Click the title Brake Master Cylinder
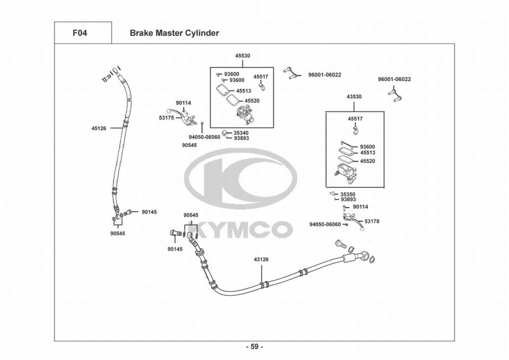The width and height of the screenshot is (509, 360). [174, 34]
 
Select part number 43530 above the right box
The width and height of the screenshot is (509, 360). [354, 97]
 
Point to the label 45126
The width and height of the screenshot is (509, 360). [99, 128]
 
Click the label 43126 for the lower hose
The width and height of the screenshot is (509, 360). [261, 260]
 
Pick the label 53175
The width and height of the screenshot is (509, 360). [166, 118]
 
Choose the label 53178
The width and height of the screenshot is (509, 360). [372, 221]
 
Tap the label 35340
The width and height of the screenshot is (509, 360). [241, 132]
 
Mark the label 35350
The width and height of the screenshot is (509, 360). [348, 194]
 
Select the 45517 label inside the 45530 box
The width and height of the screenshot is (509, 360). [261, 77]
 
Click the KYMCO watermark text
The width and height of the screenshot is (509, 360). [243, 230]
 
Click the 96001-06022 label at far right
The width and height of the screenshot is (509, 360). [394, 79]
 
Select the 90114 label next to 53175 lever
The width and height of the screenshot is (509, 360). [183, 102]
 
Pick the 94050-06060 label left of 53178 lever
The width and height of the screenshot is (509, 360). [325, 225]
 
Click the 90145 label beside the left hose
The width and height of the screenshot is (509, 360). [150, 211]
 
